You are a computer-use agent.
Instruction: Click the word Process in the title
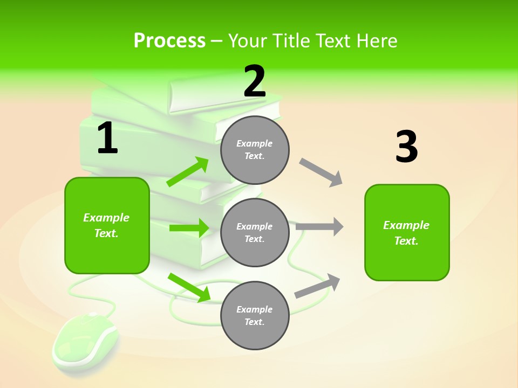[169, 41]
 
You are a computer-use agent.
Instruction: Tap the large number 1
[107, 138]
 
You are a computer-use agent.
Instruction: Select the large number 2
[255, 81]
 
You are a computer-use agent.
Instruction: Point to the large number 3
[406, 147]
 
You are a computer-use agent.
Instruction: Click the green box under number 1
[107, 225]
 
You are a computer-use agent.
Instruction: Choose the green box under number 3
[407, 232]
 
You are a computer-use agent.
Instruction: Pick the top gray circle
[255, 150]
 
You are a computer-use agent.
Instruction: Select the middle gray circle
[255, 232]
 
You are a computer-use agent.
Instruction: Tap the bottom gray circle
[255, 315]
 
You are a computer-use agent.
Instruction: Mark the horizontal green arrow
[189, 228]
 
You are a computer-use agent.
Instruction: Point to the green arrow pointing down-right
[189, 287]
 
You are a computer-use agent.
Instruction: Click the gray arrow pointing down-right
[321, 172]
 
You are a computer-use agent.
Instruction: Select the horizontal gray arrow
[319, 226]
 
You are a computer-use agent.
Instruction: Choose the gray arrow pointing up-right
[317, 286]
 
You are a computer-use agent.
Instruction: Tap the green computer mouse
[85, 340]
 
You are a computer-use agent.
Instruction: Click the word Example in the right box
[406, 225]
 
